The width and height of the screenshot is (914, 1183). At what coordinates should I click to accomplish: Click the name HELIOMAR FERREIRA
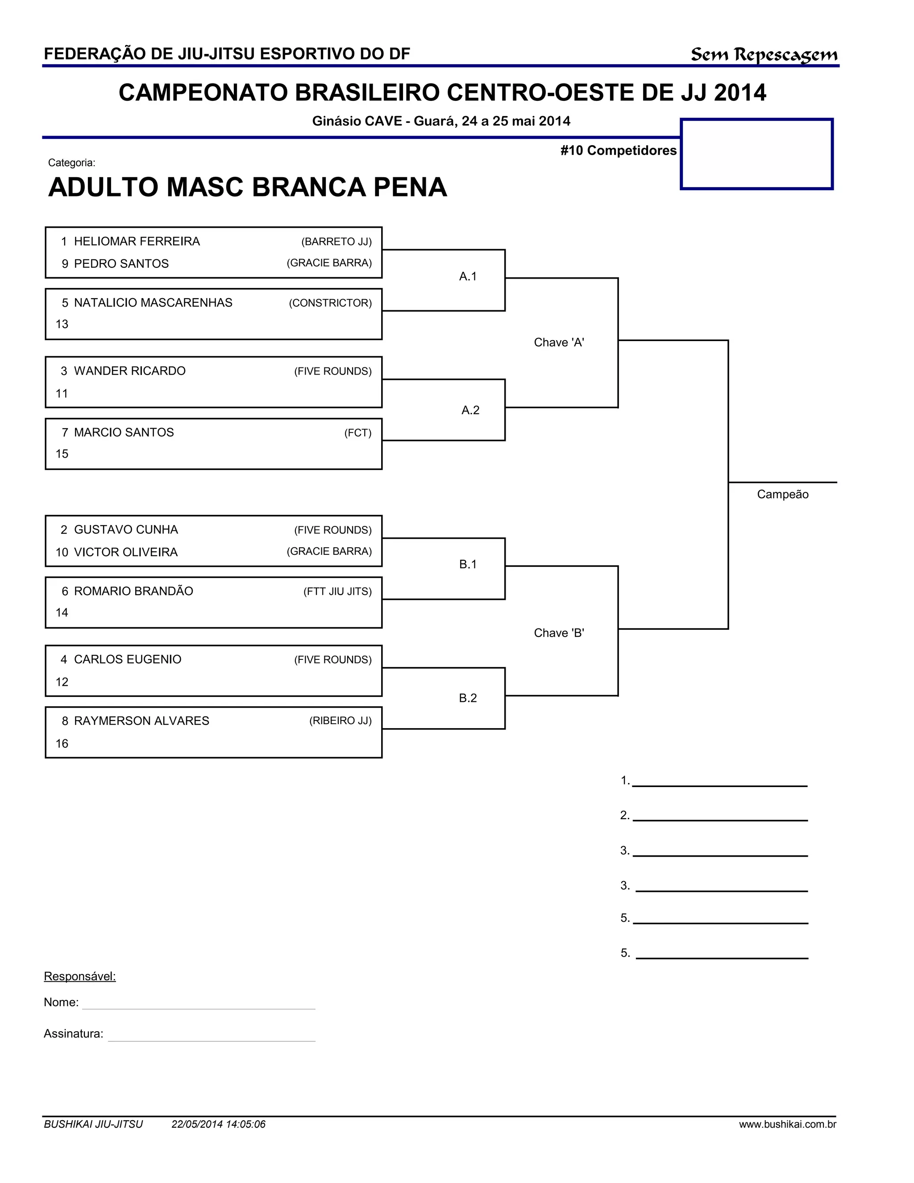pyautogui.click(x=137, y=242)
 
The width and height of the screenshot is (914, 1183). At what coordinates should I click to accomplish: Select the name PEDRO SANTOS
pyautogui.click(x=121, y=264)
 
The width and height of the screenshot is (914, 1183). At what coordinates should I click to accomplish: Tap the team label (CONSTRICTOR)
pyautogui.click(x=330, y=303)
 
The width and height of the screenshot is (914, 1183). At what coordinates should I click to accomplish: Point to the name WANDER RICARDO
pyautogui.click(x=129, y=371)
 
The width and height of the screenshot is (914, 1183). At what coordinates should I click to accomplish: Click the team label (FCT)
pyautogui.click(x=358, y=433)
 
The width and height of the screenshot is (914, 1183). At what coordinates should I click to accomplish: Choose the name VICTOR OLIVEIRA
pyautogui.click(x=125, y=553)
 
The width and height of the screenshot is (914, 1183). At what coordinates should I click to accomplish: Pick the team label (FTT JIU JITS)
pyautogui.click(x=337, y=591)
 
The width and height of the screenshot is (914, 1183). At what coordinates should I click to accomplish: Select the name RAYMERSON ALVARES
pyautogui.click(x=141, y=721)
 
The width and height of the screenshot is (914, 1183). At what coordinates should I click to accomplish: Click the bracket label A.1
pyautogui.click(x=468, y=277)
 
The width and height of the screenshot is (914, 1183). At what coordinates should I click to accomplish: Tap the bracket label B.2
pyautogui.click(x=468, y=698)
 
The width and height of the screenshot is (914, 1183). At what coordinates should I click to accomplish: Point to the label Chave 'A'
pyautogui.click(x=559, y=342)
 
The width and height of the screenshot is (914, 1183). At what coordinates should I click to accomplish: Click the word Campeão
pyautogui.click(x=782, y=495)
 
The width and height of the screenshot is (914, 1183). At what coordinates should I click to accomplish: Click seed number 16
pyautogui.click(x=62, y=744)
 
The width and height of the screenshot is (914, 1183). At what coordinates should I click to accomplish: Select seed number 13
pyautogui.click(x=62, y=325)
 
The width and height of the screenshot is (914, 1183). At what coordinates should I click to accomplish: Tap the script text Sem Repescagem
pyautogui.click(x=764, y=55)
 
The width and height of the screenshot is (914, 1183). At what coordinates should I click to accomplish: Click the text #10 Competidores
pyautogui.click(x=619, y=150)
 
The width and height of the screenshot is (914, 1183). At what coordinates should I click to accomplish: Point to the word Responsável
pyautogui.click(x=79, y=977)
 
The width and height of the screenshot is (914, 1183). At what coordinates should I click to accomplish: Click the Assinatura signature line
pyautogui.click(x=211, y=1040)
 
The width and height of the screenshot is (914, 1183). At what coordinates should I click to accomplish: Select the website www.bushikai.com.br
pyautogui.click(x=787, y=1125)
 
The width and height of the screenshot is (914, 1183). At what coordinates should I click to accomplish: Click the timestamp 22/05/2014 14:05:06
pyautogui.click(x=218, y=1125)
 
